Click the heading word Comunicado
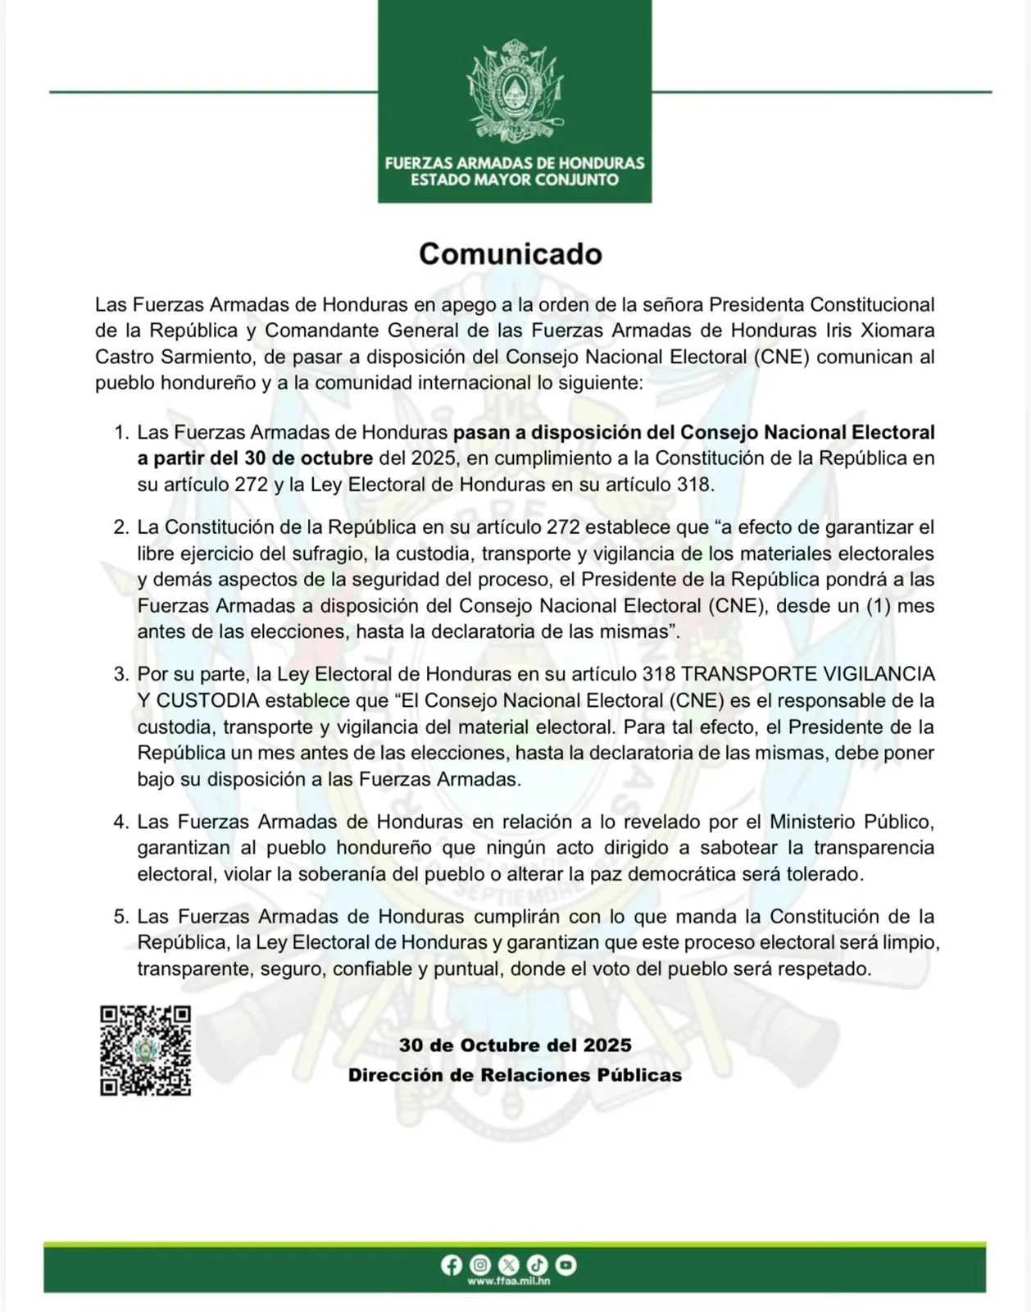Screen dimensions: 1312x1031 pyautogui.click(x=511, y=254)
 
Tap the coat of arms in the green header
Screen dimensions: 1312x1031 pyautogui.click(x=515, y=90)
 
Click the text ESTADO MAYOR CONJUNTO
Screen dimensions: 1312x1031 pyautogui.click(x=515, y=180)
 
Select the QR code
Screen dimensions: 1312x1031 pyautogui.click(x=146, y=1050)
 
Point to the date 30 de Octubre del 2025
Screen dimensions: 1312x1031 pyautogui.click(x=515, y=1045)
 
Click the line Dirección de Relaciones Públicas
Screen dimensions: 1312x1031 pyautogui.click(x=515, y=1075)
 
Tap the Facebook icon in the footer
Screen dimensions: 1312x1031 pyautogui.click(x=452, y=1264)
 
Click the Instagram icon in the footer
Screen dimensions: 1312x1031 pyautogui.click(x=481, y=1264)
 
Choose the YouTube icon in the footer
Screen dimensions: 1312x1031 pyautogui.click(x=566, y=1264)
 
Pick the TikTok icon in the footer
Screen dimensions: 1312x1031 pyautogui.click(x=538, y=1264)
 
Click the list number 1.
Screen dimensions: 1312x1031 pyautogui.click(x=120, y=432)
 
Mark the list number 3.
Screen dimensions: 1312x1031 pyautogui.click(x=120, y=675)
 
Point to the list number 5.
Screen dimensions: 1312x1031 pyautogui.click(x=120, y=917)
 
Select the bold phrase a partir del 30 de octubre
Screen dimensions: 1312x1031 pyautogui.click(x=255, y=458)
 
